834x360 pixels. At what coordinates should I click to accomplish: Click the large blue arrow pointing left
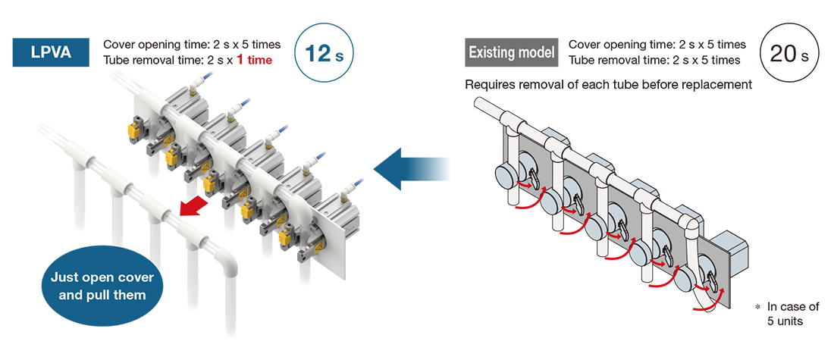pyautogui.click(x=413, y=169)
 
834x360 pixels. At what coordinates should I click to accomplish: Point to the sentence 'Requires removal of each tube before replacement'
pyautogui.click(x=608, y=84)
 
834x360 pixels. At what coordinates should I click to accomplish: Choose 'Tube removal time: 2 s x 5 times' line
pyautogui.click(x=657, y=60)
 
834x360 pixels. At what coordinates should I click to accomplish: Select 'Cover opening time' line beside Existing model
pyautogui.click(x=657, y=45)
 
